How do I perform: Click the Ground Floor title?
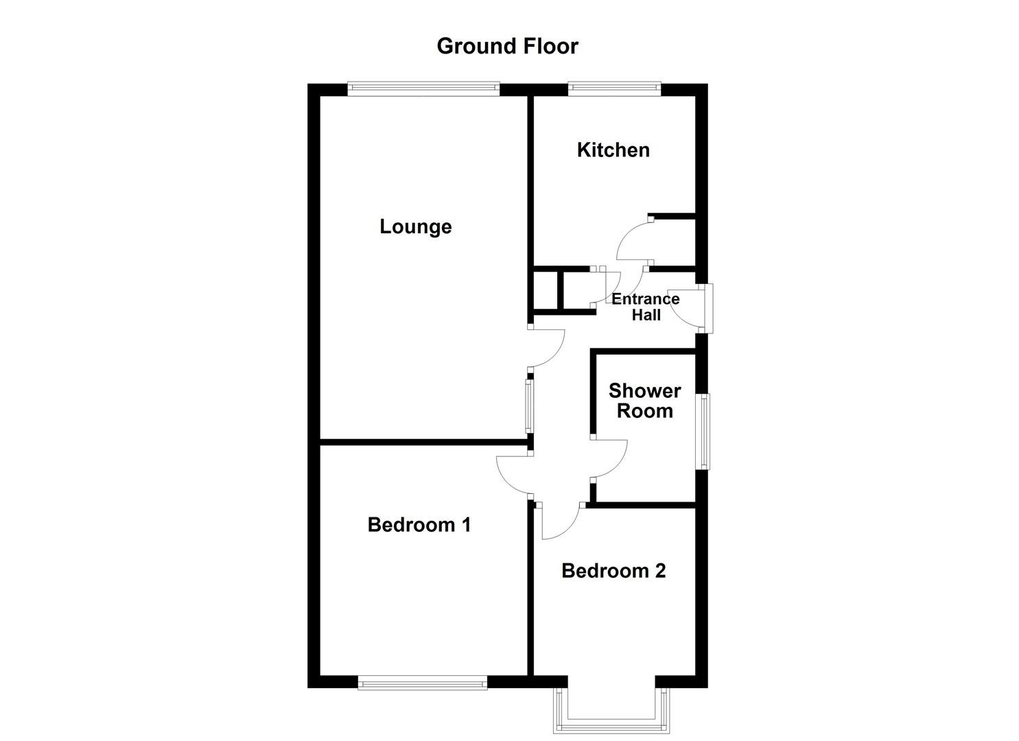pos(507,46)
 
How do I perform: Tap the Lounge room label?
pos(415,226)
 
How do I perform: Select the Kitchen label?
pos(613,150)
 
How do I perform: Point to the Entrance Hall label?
pos(645,307)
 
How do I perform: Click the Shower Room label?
pos(644,401)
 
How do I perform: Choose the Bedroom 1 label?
pos(419,525)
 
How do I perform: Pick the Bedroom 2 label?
pos(613,571)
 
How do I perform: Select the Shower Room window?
pos(703,431)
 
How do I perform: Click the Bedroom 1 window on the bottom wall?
pos(422,682)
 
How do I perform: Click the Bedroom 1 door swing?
pos(511,478)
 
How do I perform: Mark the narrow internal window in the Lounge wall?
pos(529,405)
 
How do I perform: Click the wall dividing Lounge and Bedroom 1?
pos(423,443)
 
